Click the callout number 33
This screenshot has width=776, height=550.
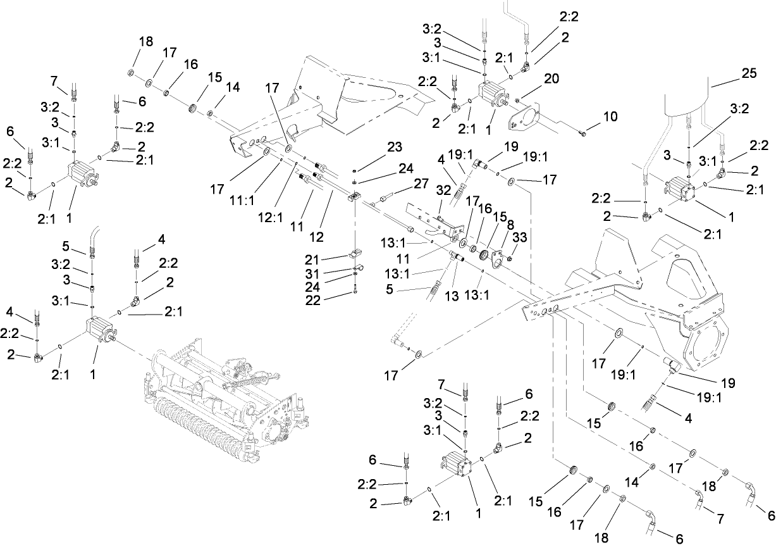(519, 237)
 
